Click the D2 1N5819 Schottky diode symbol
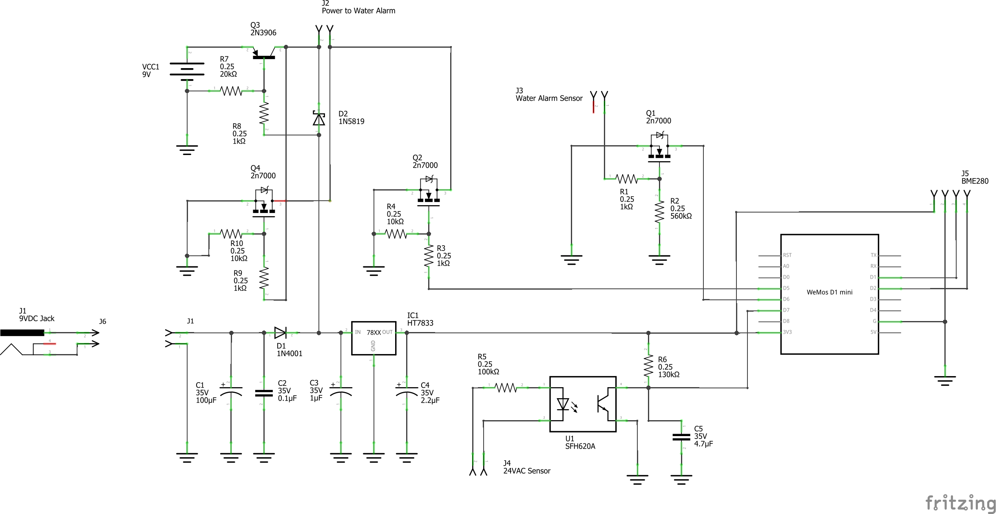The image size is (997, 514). pos(319,119)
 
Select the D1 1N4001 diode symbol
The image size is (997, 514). pos(280,332)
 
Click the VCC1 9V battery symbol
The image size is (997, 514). pos(187,69)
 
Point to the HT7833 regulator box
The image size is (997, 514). pos(374,338)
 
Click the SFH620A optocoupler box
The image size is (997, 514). pos(582,404)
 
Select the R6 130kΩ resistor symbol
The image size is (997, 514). pos(648,366)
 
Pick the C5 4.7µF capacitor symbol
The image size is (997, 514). pos(681,437)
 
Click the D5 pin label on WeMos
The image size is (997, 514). pos(786,288)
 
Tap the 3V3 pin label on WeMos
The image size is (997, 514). pos(787,332)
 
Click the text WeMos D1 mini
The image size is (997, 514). pos(829,292)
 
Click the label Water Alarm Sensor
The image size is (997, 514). pos(549,98)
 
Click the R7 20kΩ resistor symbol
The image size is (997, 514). pos(231,91)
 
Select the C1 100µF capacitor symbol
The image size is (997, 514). pos(231,392)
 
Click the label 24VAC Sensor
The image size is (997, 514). pos(526,471)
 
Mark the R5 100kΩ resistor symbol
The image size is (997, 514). pos(505,388)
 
